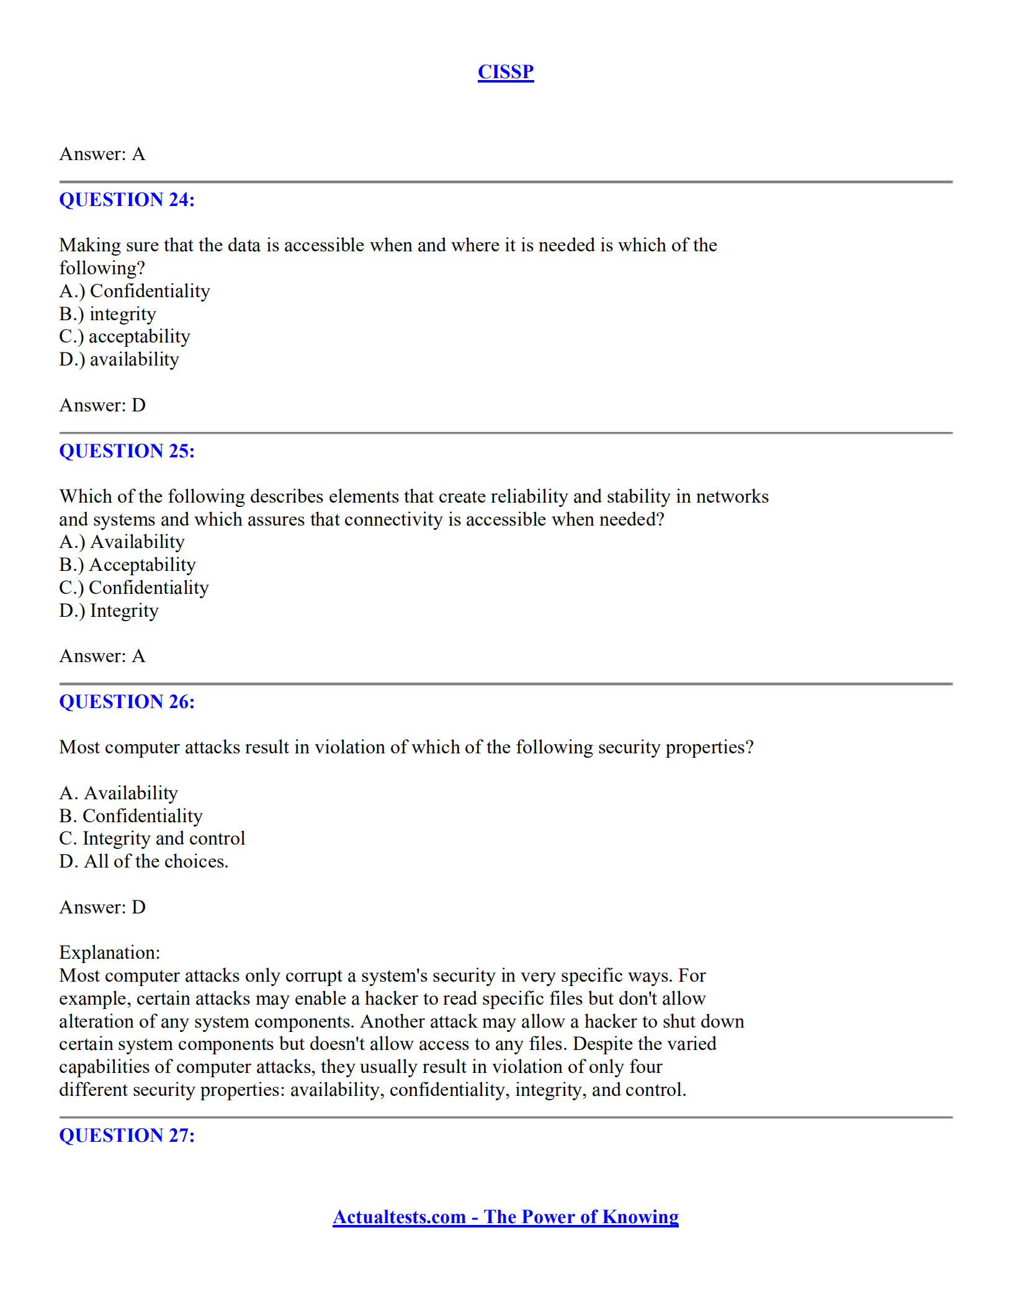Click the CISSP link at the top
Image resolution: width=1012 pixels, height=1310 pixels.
point(505,72)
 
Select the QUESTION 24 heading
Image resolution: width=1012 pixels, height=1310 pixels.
point(127,200)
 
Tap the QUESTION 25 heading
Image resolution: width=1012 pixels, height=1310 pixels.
point(127,451)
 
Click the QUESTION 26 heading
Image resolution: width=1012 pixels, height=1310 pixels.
point(127,702)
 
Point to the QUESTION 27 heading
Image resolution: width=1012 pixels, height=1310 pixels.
point(127,1136)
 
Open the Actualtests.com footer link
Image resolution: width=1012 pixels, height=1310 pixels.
point(505,1217)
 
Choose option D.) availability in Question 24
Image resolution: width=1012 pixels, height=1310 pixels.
point(119,359)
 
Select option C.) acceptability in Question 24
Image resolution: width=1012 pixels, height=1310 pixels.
point(125,336)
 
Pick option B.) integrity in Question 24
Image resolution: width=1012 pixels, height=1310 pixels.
point(107,314)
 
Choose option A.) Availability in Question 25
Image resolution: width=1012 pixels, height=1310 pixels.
point(122,542)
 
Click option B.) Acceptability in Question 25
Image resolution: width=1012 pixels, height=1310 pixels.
point(127,565)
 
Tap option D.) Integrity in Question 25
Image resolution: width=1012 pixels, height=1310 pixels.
point(109,611)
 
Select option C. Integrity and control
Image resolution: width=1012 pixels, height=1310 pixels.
point(152,838)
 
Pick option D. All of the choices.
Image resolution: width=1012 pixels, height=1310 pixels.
point(143,861)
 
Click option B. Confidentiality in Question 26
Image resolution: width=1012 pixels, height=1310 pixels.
point(131,816)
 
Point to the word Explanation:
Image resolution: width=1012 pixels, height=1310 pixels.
point(110,953)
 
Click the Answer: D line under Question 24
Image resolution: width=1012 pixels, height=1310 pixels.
point(102,405)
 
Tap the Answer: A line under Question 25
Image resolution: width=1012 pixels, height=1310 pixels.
point(102,656)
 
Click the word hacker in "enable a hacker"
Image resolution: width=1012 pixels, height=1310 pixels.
point(391,998)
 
